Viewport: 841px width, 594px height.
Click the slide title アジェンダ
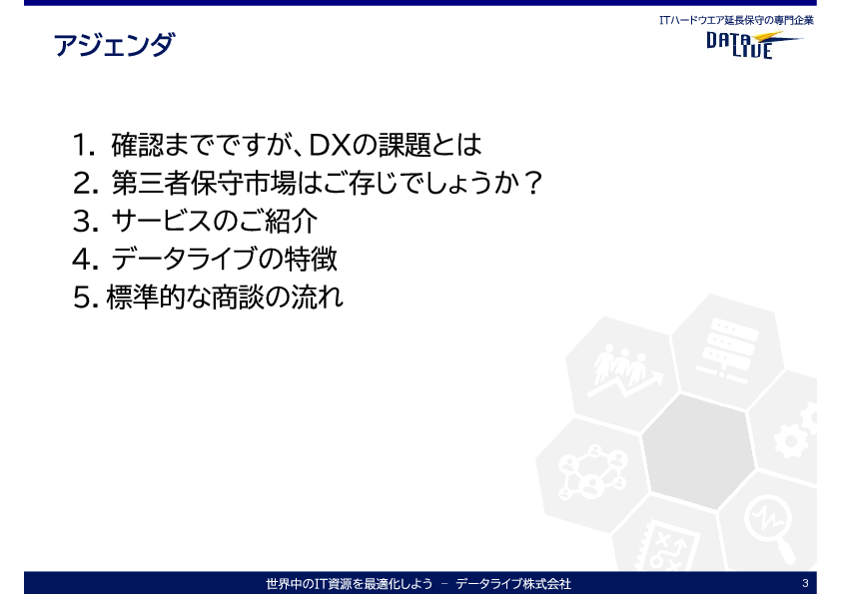point(114,45)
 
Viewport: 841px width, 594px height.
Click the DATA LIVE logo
point(753,45)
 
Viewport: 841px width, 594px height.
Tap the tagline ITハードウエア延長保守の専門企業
point(736,20)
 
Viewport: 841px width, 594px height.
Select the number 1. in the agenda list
point(84,146)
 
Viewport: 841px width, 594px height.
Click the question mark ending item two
point(532,183)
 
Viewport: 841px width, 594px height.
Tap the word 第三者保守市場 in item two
point(204,184)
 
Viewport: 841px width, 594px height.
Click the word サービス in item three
point(162,221)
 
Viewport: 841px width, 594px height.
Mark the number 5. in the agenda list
point(86,297)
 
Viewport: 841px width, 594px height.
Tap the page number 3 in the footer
point(805,583)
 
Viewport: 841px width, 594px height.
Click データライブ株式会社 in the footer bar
point(513,583)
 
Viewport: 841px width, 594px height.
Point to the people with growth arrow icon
point(624,371)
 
